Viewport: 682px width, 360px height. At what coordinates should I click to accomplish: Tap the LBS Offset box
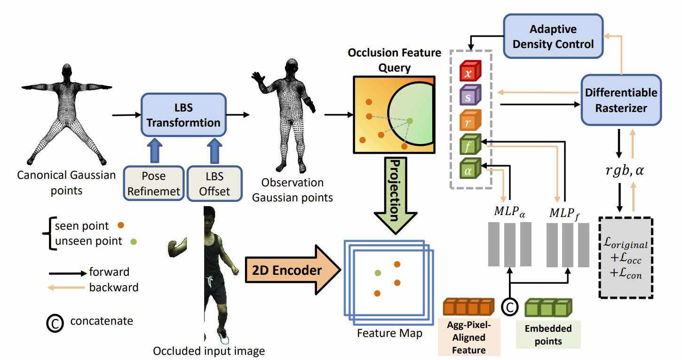pyautogui.click(x=214, y=183)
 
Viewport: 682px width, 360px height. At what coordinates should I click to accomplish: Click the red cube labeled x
pyautogui.click(x=469, y=72)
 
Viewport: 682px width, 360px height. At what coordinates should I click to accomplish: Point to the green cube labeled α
pyautogui.click(x=469, y=169)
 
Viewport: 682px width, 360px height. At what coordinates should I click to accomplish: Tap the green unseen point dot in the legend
pyautogui.click(x=134, y=242)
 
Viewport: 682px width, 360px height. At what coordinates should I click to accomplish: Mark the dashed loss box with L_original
pyautogui.click(x=626, y=257)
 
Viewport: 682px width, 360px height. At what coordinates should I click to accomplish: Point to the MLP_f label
pyautogui.click(x=564, y=213)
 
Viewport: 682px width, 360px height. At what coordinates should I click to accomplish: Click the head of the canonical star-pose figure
pyautogui.click(x=67, y=72)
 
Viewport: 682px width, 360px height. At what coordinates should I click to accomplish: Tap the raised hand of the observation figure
pyautogui.click(x=258, y=77)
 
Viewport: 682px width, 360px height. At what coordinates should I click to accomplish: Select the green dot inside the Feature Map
pyautogui.click(x=377, y=272)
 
